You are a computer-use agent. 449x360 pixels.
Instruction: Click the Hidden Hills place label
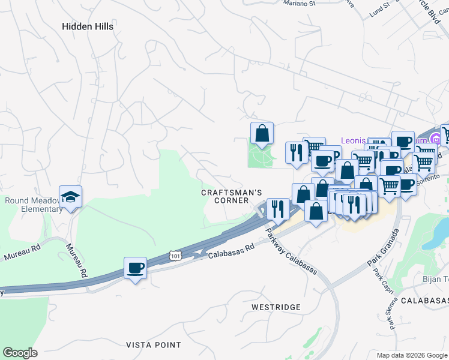point(89,26)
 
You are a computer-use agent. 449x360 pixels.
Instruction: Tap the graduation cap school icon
point(70,197)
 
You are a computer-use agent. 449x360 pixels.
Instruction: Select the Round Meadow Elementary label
point(34,205)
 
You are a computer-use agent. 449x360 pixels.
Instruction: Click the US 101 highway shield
point(175,255)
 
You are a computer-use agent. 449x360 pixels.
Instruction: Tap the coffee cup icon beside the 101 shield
point(135,267)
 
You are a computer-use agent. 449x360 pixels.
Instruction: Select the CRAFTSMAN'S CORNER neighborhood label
point(232,196)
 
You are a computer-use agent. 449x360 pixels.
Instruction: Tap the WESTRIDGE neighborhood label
point(276,307)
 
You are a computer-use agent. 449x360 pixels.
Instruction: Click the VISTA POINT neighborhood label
point(153,345)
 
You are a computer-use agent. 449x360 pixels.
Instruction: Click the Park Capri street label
point(380,282)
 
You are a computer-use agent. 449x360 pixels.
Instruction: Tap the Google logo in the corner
point(20,353)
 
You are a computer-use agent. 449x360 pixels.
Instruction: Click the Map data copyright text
point(412,355)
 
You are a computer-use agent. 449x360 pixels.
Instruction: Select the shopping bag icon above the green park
point(262,133)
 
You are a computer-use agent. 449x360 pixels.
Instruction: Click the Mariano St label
point(300,4)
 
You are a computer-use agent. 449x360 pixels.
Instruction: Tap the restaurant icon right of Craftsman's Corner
point(277,209)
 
